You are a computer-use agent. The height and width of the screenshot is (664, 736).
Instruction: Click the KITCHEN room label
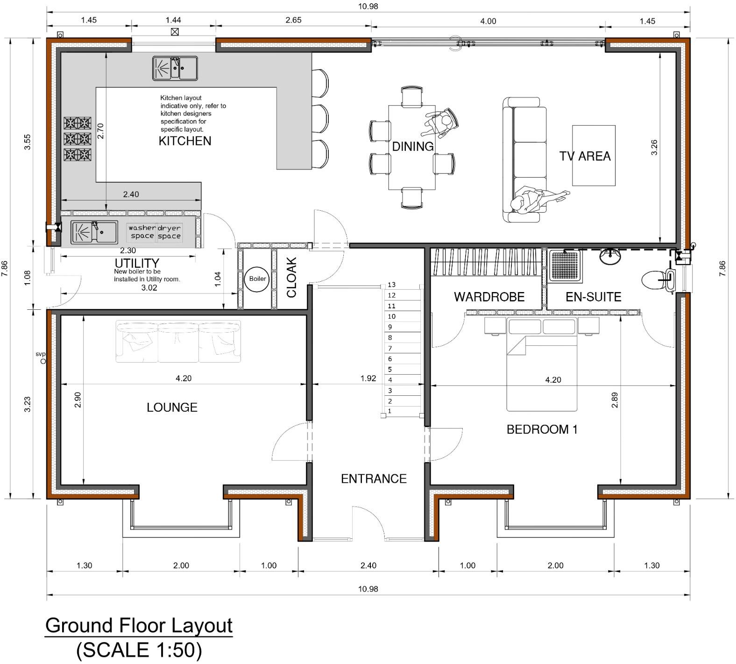185,141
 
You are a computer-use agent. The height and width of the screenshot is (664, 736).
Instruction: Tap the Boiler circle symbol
257,279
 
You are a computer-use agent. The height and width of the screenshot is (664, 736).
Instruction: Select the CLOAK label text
291,277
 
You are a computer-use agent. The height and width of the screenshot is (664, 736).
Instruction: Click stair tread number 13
391,285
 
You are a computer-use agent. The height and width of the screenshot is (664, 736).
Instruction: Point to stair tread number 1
390,411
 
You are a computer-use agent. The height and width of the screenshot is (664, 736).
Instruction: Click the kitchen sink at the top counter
175,68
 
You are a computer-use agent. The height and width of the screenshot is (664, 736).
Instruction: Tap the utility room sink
94,232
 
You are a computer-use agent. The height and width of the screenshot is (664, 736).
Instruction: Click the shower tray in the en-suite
565,266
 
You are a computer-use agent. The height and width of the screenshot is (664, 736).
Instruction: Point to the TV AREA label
585,156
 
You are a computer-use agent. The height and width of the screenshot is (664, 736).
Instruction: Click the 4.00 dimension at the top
488,21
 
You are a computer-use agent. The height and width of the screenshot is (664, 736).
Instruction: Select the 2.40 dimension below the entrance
368,565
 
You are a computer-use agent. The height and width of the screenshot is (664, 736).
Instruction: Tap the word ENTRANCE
374,478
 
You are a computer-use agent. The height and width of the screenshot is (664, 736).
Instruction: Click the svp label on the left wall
41,354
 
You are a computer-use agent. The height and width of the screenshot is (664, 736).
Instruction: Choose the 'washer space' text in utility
142,232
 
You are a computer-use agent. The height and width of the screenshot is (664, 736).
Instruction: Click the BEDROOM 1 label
542,429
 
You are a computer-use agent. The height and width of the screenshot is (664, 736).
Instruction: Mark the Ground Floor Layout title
139,625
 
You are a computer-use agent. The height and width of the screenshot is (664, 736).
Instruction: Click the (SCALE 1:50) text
139,650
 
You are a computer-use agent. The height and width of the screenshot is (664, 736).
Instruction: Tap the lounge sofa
178,342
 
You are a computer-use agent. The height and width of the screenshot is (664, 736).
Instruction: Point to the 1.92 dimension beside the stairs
368,378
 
